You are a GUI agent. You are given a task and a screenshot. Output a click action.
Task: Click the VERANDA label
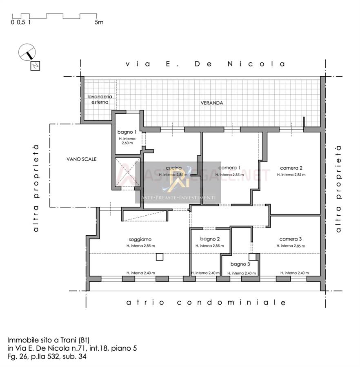(x=211, y=103)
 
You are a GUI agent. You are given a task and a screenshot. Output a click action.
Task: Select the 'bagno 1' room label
(x=127, y=132)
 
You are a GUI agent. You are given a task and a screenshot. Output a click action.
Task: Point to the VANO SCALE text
(x=82, y=159)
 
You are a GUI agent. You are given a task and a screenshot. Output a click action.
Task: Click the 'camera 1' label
(x=229, y=168)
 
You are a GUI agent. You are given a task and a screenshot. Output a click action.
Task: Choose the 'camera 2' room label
(x=291, y=168)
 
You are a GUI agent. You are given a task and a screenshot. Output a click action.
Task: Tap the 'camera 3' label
(x=291, y=239)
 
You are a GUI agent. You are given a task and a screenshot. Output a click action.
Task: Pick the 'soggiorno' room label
(x=140, y=239)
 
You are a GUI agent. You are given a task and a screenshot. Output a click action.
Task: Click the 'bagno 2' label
(x=210, y=239)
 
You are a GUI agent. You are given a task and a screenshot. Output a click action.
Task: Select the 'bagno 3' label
(x=240, y=264)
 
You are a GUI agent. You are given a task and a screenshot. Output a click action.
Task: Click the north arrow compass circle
(x=27, y=52)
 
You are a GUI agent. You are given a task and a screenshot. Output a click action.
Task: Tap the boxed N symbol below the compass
(x=35, y=66)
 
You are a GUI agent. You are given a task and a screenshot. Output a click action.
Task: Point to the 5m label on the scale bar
(x=99, y=22)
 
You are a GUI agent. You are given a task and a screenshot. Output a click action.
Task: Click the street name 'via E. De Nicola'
(x=205, y=64)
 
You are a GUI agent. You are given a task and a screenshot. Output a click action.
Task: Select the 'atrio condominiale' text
(x=206, y=303)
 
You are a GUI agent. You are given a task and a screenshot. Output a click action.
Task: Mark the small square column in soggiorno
(x=160, y=257)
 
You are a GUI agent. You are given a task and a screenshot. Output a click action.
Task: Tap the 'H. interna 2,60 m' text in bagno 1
(x=127, y=141)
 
